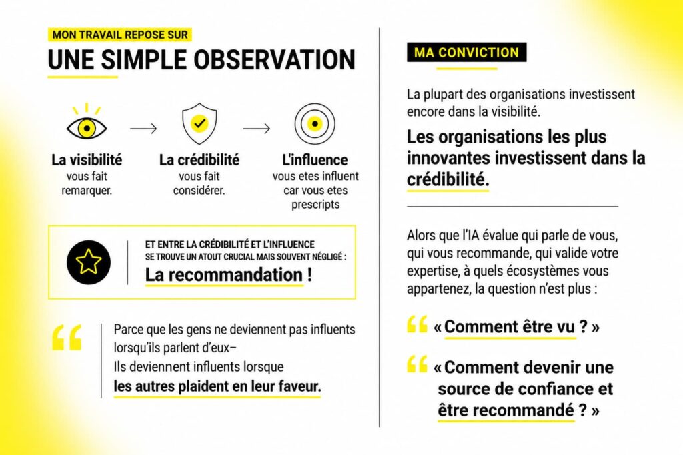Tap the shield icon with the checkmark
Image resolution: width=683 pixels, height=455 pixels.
pos(199,124)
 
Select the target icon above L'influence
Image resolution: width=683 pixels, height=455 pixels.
pos(315,124)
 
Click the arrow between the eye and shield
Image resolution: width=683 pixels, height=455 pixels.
pos(143,129)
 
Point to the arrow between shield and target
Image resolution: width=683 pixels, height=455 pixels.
pos(257,129)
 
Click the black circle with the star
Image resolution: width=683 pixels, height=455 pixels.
pos(89,262)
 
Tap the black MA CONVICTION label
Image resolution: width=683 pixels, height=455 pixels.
pos(466,52)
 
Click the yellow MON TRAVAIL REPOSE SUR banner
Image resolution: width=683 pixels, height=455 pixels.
pos(120,35)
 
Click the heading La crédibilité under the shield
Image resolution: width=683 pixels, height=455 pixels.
pos(199,160)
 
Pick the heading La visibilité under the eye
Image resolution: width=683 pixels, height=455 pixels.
pos(87,160)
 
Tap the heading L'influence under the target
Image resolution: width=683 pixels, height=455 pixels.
pos(315,160)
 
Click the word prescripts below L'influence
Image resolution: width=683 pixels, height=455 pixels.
pos(315,205)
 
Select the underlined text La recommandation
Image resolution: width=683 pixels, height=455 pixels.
pos(224,275)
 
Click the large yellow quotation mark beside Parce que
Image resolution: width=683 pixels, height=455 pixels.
pos(67,337)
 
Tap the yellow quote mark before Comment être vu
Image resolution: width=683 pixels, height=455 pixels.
pos(417,324)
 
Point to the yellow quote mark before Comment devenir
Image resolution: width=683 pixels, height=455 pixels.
pos(417,364)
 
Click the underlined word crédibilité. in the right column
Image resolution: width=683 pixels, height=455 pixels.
pos(448,179)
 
